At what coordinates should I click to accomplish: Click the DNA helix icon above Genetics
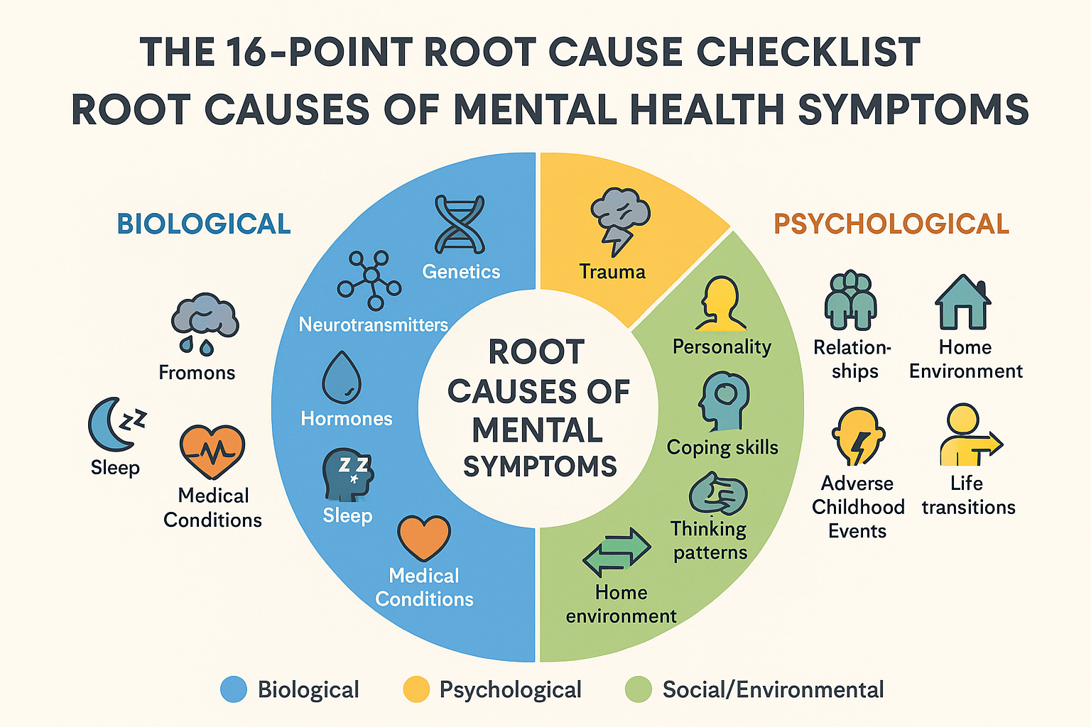(x=460, y=225)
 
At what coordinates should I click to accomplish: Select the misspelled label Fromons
(x=197, y=373)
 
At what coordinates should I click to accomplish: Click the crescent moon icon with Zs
(x=116, y=424)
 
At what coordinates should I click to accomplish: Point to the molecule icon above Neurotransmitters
(x=369, y=280)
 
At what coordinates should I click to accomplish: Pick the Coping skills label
(x=722, y=447)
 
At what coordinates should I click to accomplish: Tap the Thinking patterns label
(x=710, y=540)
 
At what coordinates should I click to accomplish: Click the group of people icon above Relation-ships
(x=851, y=300)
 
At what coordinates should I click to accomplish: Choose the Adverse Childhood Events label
(x=858, y=507)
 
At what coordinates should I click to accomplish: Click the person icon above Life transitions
(x=967, y=434)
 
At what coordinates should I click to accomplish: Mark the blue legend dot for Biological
(x=234, y=689)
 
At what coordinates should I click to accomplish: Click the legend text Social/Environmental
(x=773, y=689)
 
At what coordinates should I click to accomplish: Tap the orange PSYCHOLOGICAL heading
(x=891, y=224)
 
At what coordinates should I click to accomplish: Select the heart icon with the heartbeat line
(x=212, y=452)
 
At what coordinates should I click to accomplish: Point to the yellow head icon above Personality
(x=721, y=304)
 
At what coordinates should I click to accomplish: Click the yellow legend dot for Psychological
(x=416, y=689)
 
